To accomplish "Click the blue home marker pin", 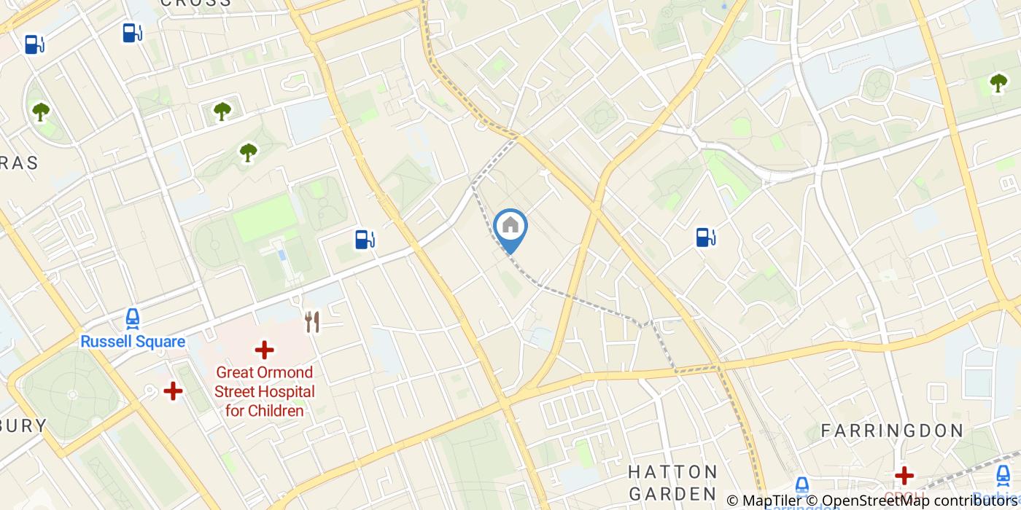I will (x=510, y=228).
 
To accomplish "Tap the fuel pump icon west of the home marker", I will (x=364, y=239).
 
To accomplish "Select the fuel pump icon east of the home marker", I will (x=705, y=237).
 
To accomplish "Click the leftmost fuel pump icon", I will (x=34, y=44).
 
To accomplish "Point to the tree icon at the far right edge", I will (x=998, y=83).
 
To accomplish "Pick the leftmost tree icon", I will (x=40, y=111).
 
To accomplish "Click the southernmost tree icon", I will (x=249, y=152).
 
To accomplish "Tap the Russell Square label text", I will (x=133, y=342).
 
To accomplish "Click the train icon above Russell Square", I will (x=133, y=318).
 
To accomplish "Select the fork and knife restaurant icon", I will (x=312, y=321).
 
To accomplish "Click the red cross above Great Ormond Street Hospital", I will (x=264, y=350).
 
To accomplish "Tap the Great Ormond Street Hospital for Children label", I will (x=264, y=392).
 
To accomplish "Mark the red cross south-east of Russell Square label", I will (x=173, y=391).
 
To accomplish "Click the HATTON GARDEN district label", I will (x=672, y=482).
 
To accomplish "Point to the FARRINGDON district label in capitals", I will (x=893, y=431).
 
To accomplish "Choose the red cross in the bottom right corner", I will (x=904, y=476).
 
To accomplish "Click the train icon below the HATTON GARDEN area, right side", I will (x=801, y=486).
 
